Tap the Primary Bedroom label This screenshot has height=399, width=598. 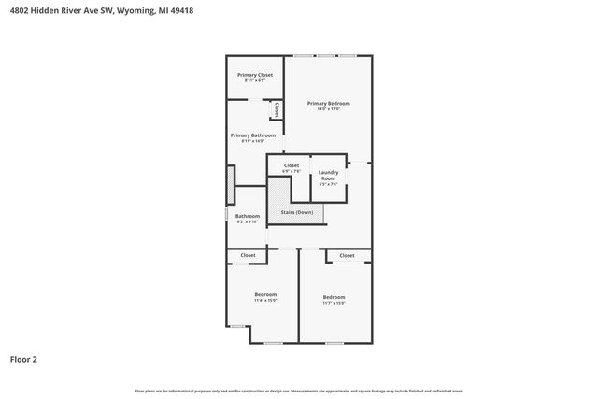click(328, 103)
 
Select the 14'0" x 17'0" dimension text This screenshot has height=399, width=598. click(328, 109)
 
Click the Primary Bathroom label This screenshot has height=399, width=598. click(252, 135)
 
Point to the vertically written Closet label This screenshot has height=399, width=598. click(277, 109)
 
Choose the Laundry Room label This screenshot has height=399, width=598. click(328, 174)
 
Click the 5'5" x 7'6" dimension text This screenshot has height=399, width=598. click(328, 184)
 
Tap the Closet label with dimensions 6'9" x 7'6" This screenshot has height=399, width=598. click(292, 165)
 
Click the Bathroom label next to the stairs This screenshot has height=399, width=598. click(247, 216)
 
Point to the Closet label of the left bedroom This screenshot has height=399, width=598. click(248, 255)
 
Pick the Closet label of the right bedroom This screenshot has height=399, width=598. click(347, 255)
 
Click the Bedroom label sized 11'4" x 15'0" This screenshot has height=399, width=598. click(265, 294)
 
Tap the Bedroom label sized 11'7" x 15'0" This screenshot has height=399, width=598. click(334, 296)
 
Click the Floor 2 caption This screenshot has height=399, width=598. click(23, 359)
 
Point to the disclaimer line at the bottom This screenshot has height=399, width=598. click(298, 391)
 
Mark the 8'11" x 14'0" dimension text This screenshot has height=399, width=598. click(252, 141)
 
